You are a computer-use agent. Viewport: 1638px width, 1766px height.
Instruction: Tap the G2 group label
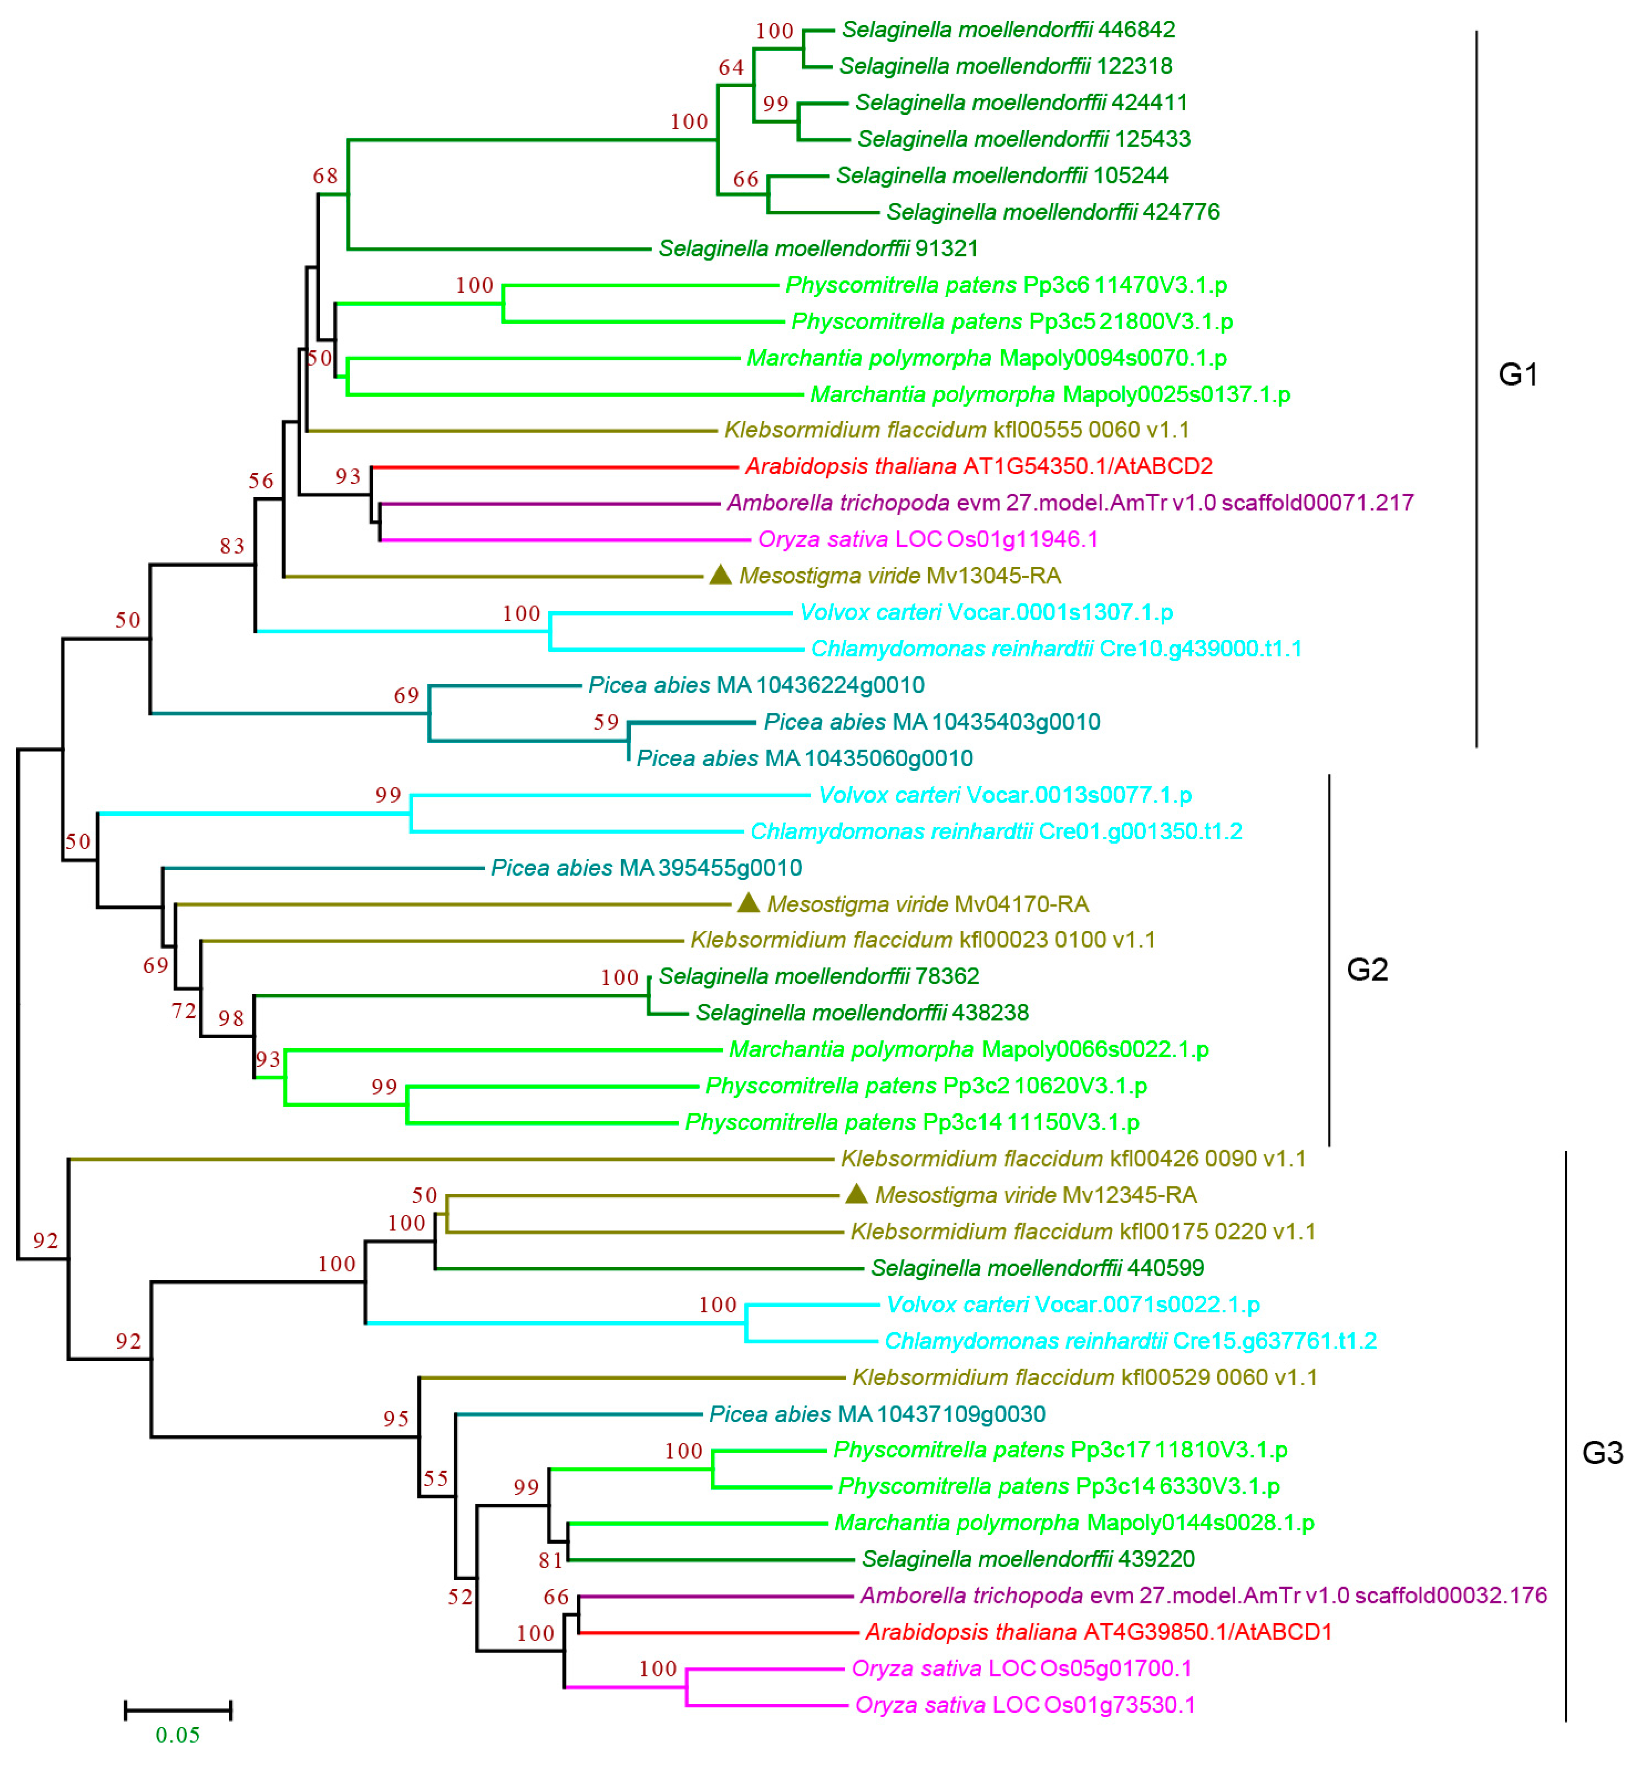(1367, 969)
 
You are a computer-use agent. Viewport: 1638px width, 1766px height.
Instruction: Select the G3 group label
(1602, 1452)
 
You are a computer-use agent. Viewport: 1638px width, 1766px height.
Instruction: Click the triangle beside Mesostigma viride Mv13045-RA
(720, 575)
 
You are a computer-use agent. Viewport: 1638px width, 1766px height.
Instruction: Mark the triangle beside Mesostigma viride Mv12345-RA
(855, 1194)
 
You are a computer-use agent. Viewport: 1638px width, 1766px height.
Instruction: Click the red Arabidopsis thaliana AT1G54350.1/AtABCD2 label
(979, 466)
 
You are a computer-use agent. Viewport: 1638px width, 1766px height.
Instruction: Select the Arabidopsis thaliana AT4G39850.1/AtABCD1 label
(1098, 1631)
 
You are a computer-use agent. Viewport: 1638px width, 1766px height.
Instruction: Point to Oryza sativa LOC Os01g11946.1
(927, 539)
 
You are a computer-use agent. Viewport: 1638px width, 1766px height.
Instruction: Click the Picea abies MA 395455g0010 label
(646, 867)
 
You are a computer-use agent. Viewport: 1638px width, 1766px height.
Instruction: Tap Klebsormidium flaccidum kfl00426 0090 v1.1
(1073, 1158)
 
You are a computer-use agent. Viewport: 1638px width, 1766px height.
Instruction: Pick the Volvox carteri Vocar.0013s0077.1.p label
(1004, 794)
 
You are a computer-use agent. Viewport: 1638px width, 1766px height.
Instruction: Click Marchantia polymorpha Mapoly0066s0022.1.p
(968, 1049)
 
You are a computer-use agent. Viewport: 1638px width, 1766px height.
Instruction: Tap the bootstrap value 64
(731, 67)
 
